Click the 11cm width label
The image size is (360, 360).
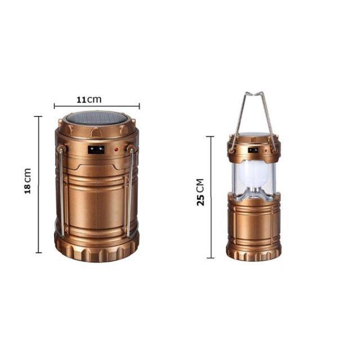point(89,100)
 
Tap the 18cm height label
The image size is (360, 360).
point(28,181)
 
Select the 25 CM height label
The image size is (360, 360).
point(200,192)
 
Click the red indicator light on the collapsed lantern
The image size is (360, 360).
point(116,150)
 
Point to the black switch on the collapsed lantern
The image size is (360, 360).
point(96,150)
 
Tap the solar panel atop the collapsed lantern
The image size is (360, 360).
point(96,118)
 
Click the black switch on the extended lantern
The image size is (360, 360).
point(253,150)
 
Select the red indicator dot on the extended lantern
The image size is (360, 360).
point(266,151)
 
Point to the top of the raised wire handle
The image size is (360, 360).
point(254,93)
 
